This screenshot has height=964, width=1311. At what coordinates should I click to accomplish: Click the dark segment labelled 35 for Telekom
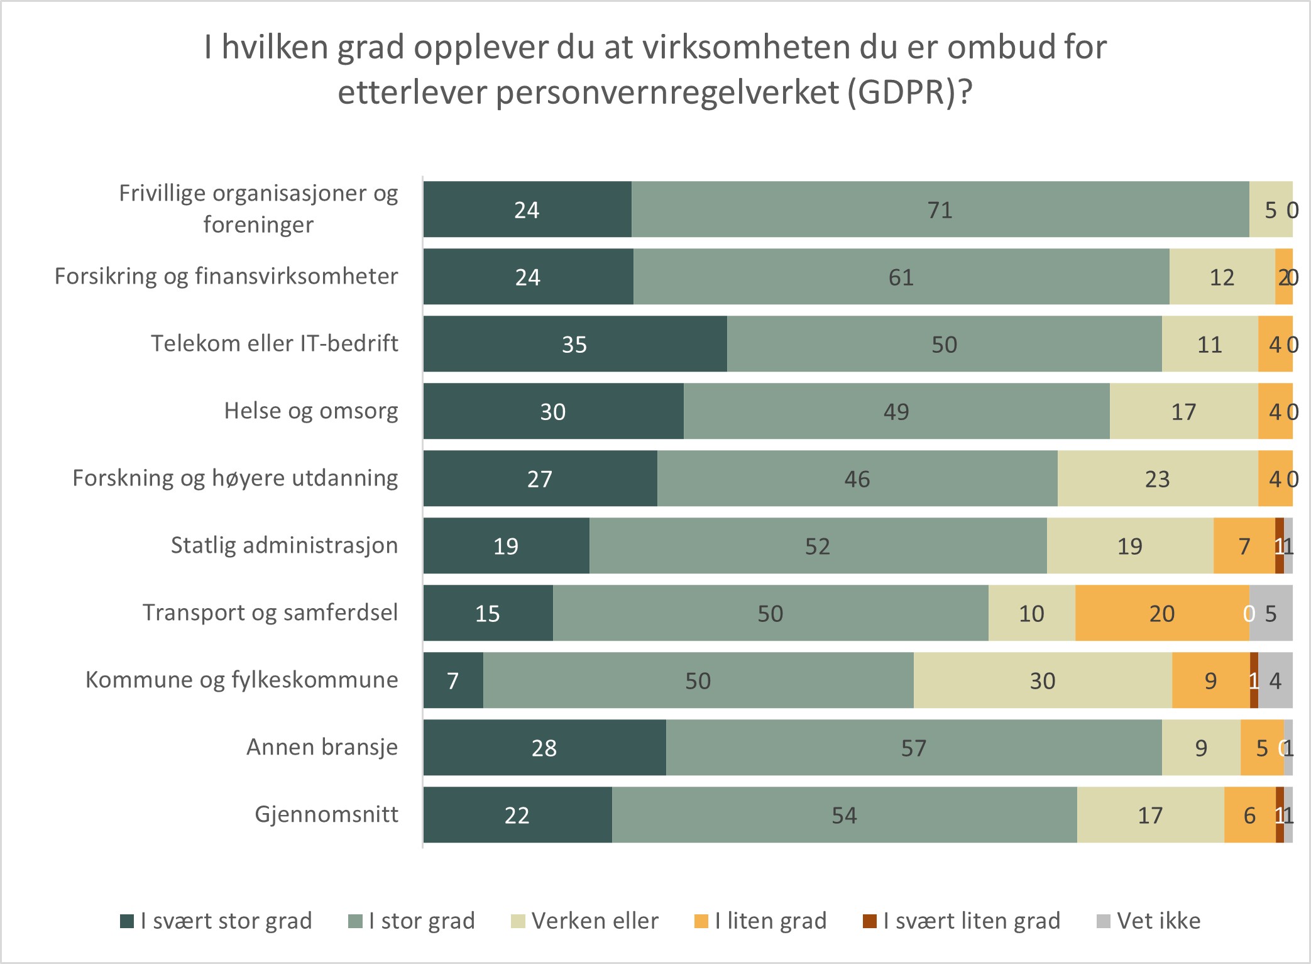(x=574, y=344)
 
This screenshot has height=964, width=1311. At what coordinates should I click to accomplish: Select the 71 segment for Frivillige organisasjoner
(x=940, y=209)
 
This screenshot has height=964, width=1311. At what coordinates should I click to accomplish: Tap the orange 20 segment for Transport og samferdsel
(x=1161, y=613)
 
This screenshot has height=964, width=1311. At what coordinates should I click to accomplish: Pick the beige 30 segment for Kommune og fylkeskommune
(x=1042, y=680)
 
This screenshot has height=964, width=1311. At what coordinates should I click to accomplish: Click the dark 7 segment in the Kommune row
(x=453, y=680)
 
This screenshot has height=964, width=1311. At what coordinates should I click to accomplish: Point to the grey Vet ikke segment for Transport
(x=1271, y=613)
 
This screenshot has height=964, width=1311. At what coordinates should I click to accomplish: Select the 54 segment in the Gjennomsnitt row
(x=844, y=815)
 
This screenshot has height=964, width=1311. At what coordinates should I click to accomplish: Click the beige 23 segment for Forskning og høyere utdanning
(x=1157, y=479)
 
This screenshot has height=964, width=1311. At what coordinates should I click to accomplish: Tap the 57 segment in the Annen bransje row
(x=913, y=748)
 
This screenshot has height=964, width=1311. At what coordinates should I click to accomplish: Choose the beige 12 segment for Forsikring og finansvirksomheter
(x=1222, y=277)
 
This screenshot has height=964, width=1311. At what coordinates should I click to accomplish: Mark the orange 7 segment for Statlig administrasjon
(x=1244, y=546)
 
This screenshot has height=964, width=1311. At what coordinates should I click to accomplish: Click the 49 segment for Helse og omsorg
(x=896, y=411)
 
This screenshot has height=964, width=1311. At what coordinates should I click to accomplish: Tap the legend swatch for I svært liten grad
(x=870, y=921)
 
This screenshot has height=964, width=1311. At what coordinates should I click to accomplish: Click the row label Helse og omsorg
(x=310, y=411)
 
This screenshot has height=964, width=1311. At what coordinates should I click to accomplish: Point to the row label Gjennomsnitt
(x=326, y=814)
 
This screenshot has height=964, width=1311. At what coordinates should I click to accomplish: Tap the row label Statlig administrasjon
(x=284, y=545)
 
